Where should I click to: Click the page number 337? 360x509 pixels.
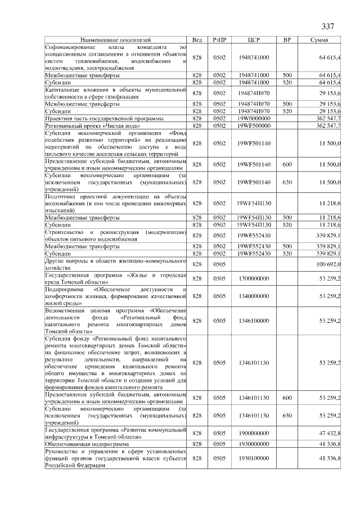[x=328, y=26]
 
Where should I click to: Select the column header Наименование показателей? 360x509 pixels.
[x=116, y=40]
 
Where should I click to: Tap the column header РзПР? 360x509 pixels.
[x=219, y=40]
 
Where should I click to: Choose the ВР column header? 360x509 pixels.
[x=287, y=40]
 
